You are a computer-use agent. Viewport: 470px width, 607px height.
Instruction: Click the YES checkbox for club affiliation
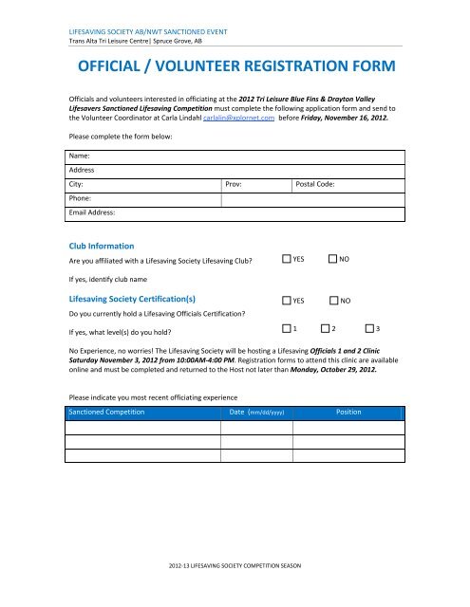287,259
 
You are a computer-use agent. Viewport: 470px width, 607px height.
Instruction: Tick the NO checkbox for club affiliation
332,259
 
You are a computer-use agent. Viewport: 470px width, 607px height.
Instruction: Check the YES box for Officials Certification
287,300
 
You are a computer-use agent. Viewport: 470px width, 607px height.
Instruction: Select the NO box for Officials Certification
332,300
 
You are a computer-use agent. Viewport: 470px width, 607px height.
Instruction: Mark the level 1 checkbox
287,328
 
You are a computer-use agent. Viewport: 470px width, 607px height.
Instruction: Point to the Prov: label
236,184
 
